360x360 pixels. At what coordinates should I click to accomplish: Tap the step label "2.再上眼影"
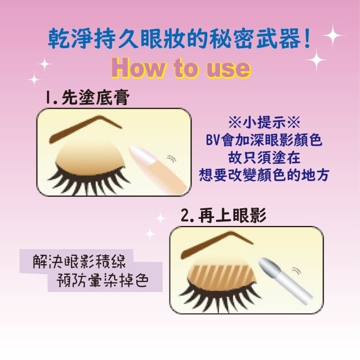click(224, 215)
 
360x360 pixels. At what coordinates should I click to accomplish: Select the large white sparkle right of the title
click(333, 36)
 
